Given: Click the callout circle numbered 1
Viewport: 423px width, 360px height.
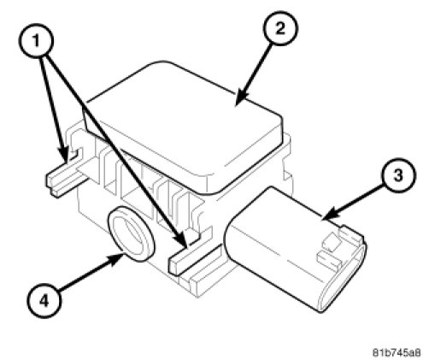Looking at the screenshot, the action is (36, 41).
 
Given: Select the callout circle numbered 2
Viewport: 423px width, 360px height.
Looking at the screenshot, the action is (280, 28).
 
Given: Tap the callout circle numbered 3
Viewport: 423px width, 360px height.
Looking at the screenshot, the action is (398, 175).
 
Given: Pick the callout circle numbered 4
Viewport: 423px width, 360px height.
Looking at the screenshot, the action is (44, 301).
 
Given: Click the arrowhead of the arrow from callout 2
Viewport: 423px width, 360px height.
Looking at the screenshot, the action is (241, 98).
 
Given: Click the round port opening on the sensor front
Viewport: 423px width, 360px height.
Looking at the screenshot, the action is (131, 233).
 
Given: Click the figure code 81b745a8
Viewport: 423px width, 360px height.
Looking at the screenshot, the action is (397, 352).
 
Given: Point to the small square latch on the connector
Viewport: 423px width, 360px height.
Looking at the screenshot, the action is (332, 242).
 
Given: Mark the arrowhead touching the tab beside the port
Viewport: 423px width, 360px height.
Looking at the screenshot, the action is (182, 239).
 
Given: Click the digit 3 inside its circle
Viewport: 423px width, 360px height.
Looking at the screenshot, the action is (398, 175).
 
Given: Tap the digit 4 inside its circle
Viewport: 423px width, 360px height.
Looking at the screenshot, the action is (44, 301).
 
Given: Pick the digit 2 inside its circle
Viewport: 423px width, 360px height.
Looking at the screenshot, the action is (280, 28).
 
